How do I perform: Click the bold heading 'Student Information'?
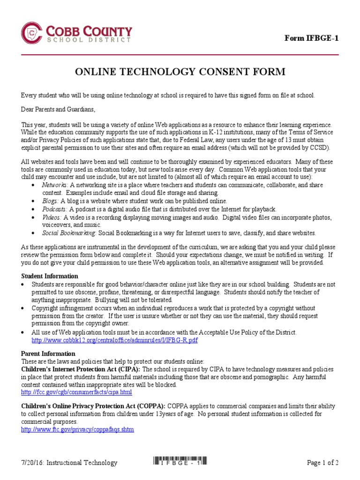point(50,276)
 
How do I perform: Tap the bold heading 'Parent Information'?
point(48,353)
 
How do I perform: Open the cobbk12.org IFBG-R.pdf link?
point(114,340)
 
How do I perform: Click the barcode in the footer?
point(180,461)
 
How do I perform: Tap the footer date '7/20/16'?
point(32,463)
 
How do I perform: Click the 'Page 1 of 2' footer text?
point(322,463)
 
